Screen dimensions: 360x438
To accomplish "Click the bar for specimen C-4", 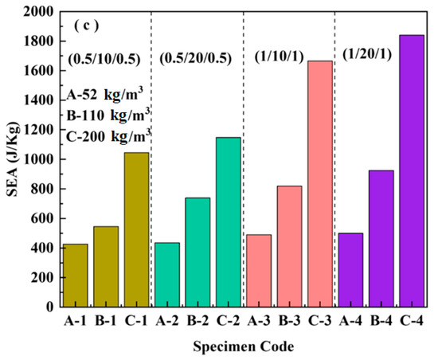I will click(x=411, y=171).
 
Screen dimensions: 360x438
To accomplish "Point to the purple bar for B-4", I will click(x=381, y=239).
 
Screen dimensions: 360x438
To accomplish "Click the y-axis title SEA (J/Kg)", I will click(x=11, y=159).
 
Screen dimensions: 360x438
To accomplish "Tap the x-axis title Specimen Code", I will click(x=243, y=347).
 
